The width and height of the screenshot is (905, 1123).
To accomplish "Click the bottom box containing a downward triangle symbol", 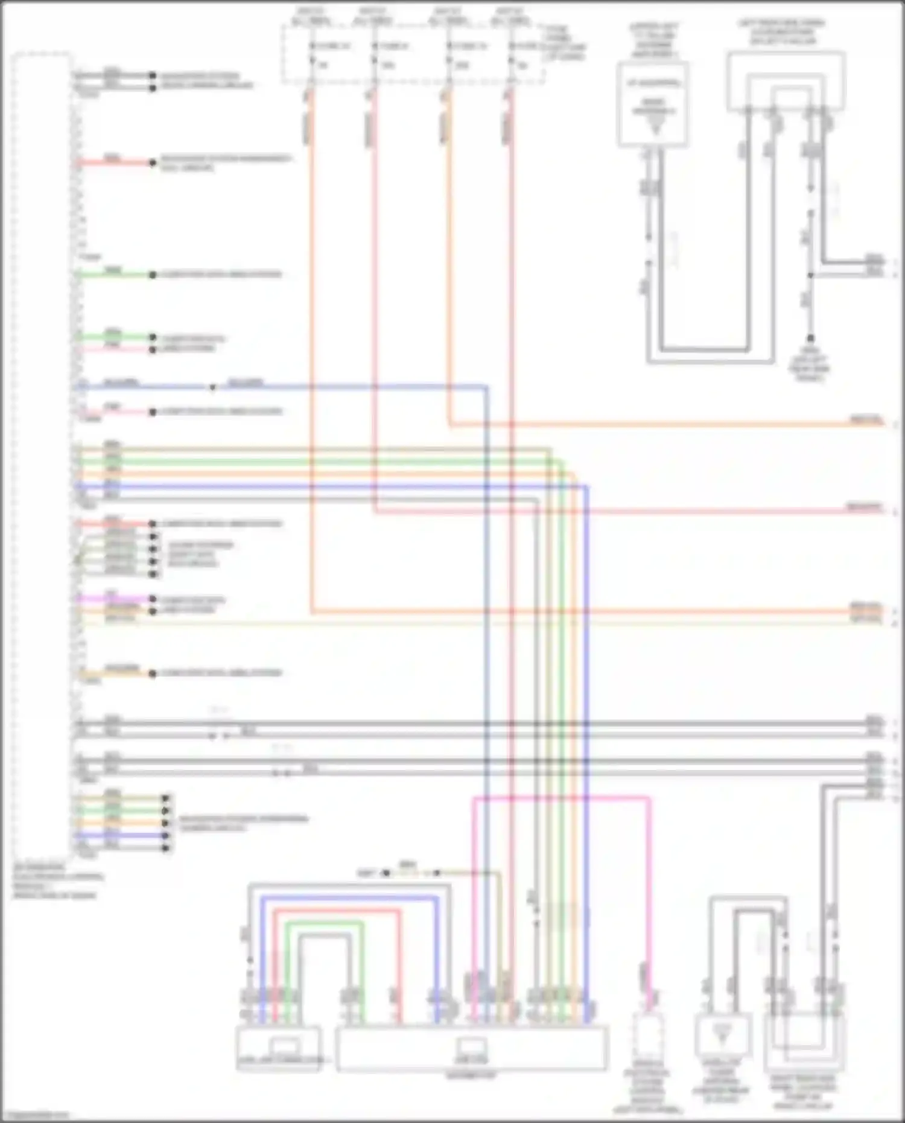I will pyautogui.click(x=722, y=1036).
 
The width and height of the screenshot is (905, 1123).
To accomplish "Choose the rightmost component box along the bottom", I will pyautogui.click(x=804, y=1042).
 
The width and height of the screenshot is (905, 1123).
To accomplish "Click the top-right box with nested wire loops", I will pyautogui.click(x=786, y=81).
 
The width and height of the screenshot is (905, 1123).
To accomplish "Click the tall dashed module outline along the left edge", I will pyautogui.click(x=42, y=453).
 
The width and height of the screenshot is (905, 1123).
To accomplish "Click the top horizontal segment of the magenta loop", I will pyautogui.click(x=561, y=798).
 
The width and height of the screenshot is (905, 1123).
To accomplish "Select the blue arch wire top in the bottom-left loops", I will pyautogui.click(x=350, y=899).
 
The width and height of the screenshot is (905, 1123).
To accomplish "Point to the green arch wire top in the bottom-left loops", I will pyautogui.click(x=324, y=923).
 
